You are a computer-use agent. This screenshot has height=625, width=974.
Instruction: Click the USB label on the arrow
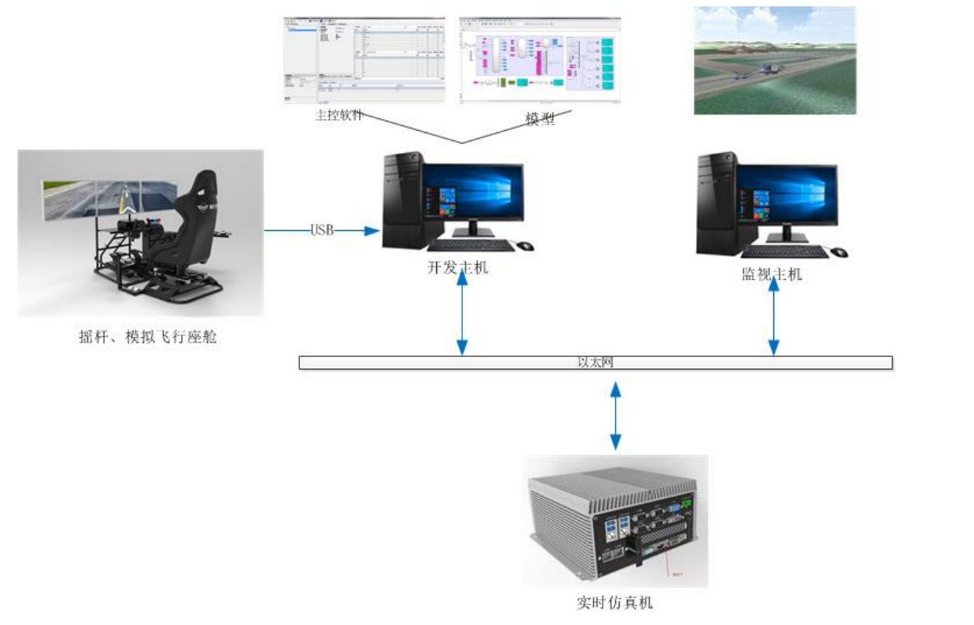click(x=322, y=230)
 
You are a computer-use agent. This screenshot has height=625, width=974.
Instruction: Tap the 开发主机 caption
click(x=458, y=268)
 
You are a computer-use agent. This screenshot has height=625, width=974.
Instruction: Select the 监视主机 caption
click(x=772, y=274)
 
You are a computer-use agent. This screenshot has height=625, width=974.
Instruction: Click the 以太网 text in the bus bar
click(x=595, y=363)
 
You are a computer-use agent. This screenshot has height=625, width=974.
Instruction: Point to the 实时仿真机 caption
click(x=614, y=603)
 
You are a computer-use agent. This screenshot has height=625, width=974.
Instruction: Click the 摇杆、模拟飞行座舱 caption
click(x=147, y=337)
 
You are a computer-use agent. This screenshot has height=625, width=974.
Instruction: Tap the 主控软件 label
click(x=338, y=116)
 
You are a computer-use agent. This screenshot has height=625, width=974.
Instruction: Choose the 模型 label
click(x=540, y=120)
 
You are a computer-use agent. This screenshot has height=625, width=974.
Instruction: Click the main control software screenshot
click(x=364, y=60)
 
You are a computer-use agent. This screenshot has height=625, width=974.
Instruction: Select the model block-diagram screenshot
click(x=540, y=60)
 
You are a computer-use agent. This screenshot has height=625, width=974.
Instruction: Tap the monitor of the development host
click(x=473, y=192)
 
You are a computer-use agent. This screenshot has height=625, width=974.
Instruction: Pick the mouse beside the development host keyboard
click(x=526, y=246)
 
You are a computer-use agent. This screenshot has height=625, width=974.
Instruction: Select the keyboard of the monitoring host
click(x=785, y=252)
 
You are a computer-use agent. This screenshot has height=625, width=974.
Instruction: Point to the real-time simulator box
click(x=614, y=521)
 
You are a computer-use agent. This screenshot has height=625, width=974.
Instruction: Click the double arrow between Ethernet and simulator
click(x=616, y=415)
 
